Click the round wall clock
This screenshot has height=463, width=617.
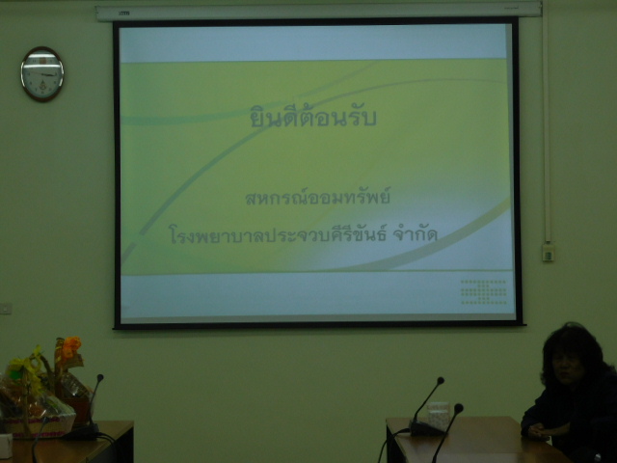coord(42,74)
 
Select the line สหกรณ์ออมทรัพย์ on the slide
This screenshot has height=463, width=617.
coord(317,197)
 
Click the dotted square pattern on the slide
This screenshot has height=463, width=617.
coord(484,291)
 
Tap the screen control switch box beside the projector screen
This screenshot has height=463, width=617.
coord(548,253)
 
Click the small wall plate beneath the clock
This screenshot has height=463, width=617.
coord(6,308)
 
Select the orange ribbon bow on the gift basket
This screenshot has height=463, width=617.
coord(70,347)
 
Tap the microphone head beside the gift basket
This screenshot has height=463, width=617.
coord(100,378)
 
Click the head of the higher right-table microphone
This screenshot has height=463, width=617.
coord(441,381)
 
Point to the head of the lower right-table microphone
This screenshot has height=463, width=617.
coord(459,408)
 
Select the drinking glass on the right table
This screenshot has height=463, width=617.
coord(438,416)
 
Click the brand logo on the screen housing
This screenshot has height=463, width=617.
coord(124,14)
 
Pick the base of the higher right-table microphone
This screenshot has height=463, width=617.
coord(426,428)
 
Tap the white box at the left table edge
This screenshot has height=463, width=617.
coord(6,446)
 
